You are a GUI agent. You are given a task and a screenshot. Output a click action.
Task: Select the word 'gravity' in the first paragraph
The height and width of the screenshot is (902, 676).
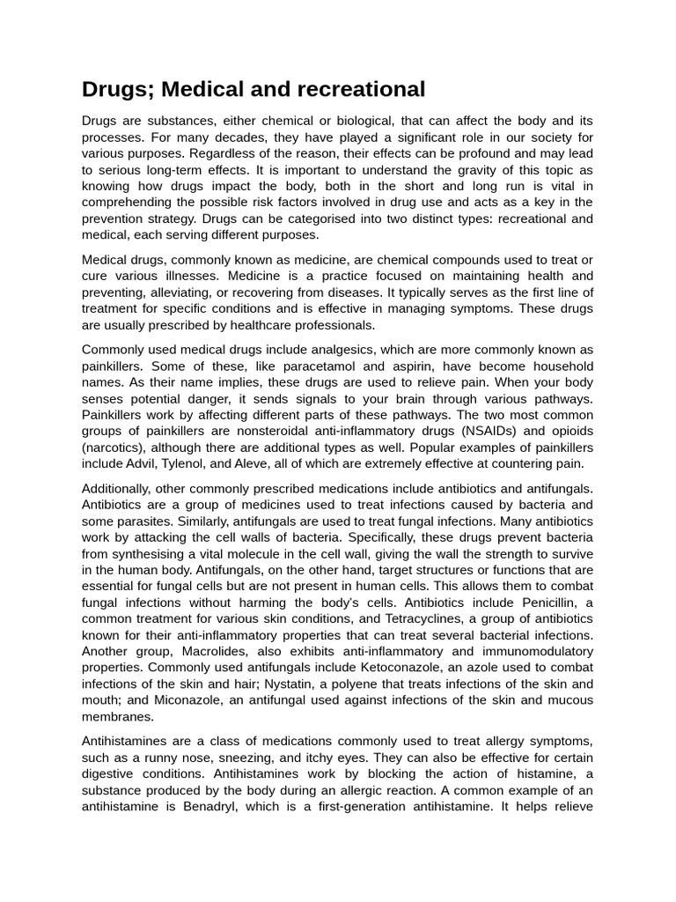click(474, 170)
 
